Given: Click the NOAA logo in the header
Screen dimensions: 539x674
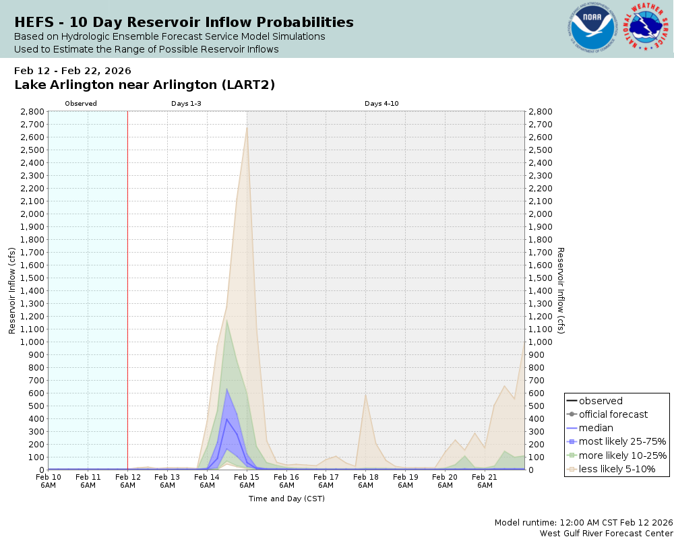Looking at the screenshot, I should pyautogui.click(x=592, y=28).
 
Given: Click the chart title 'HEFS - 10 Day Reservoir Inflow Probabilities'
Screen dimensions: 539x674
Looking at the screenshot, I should pyautogui.click(x=184, y=22).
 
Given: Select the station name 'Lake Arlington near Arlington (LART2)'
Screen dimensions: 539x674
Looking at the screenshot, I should pyautogui.click(x=144, y=85).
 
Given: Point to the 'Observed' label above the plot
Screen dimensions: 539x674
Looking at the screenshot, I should pyautogui.click(x=81, y=104).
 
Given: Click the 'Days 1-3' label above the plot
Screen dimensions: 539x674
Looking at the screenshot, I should pyautogui.click(x=186, y=104).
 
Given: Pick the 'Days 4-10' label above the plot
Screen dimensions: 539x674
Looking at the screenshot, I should pyautogui.click(x=382, y=104).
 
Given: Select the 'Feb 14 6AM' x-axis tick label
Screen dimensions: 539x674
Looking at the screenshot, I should pyautogui.click(x=207, y=480).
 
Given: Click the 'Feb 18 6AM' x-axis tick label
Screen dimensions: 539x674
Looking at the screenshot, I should pyautogui.click(x=365, y=480).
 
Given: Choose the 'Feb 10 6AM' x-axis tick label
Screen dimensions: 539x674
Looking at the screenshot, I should pyautogui.click(x=48, y=480).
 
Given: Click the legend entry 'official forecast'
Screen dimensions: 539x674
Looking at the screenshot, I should pyautogui.click(x=613, y=414).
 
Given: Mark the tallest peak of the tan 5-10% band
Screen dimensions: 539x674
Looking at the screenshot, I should pyautogui.click(x=247, y=127).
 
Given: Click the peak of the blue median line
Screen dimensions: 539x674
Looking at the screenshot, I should pyautogui.click(x=227, y=419).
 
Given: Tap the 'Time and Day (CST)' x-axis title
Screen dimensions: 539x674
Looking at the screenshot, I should pyautogui.click(x=286, y=499).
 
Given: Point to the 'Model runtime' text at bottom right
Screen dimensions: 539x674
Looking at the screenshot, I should pyautogui.click(x=583, y=523).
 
